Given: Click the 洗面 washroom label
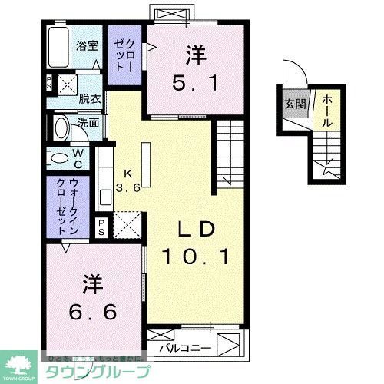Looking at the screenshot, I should tap(88, 123).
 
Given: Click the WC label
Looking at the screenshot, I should tap(78, 159).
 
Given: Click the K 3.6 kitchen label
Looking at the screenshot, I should tap(127, 181).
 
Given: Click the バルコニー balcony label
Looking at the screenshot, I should tap(186, 348).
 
